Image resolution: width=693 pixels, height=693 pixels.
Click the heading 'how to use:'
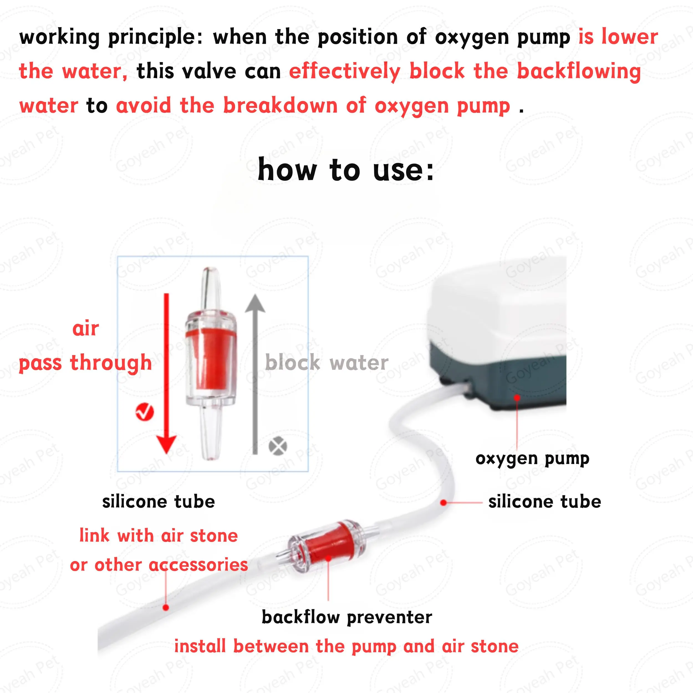[346, 170]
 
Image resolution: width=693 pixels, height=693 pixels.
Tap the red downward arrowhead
[166, 444]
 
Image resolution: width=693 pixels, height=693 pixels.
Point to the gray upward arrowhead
[255, 304]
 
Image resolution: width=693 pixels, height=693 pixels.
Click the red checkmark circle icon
[144, 412]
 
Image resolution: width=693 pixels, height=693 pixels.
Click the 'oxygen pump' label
[532, 459]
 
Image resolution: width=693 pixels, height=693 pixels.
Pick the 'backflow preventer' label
[346, 617]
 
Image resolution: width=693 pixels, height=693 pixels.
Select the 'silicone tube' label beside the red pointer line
[544, 502]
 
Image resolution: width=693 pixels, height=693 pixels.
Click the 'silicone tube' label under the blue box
[158, 502]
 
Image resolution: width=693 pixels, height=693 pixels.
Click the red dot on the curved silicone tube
[443, 503]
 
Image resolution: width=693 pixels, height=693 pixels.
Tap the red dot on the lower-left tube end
[166, 608]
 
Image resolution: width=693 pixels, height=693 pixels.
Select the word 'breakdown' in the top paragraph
[280, 106]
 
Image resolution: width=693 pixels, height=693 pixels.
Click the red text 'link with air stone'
[158, 536]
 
